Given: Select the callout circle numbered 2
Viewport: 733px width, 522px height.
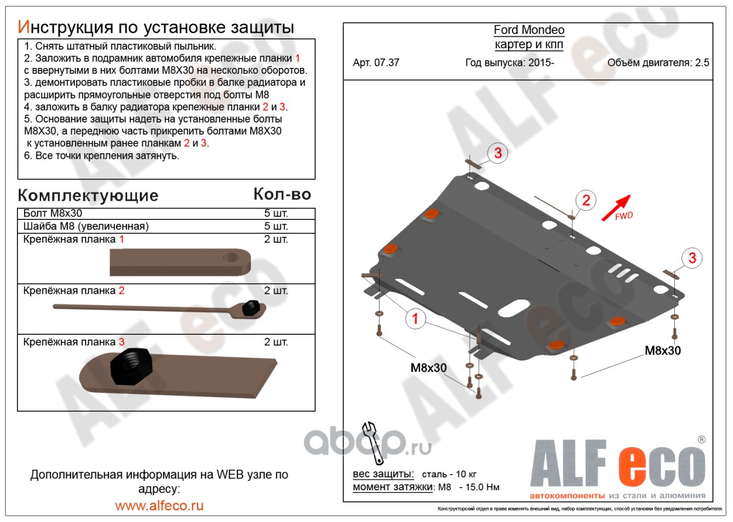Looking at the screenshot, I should tap(585, 200).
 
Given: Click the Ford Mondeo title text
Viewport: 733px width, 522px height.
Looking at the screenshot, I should tap(528, 30).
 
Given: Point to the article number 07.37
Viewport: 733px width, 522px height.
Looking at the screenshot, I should tap(385, 63).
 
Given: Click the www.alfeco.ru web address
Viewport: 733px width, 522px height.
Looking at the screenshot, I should tap(159, 506).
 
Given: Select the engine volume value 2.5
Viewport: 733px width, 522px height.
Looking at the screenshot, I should tap(702, 63).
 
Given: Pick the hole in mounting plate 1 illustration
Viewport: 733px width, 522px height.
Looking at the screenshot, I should tap(232, 258).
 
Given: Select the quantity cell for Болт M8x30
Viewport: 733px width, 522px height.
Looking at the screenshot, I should tap(276, 213).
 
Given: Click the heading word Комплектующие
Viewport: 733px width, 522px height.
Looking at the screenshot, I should tap(87, 195).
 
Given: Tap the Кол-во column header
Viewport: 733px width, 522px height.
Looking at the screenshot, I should tap(282, 194).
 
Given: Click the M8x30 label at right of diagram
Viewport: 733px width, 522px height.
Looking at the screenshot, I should tap(663, 350).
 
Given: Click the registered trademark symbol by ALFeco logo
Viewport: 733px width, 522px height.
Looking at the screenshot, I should tap(701, 439).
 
